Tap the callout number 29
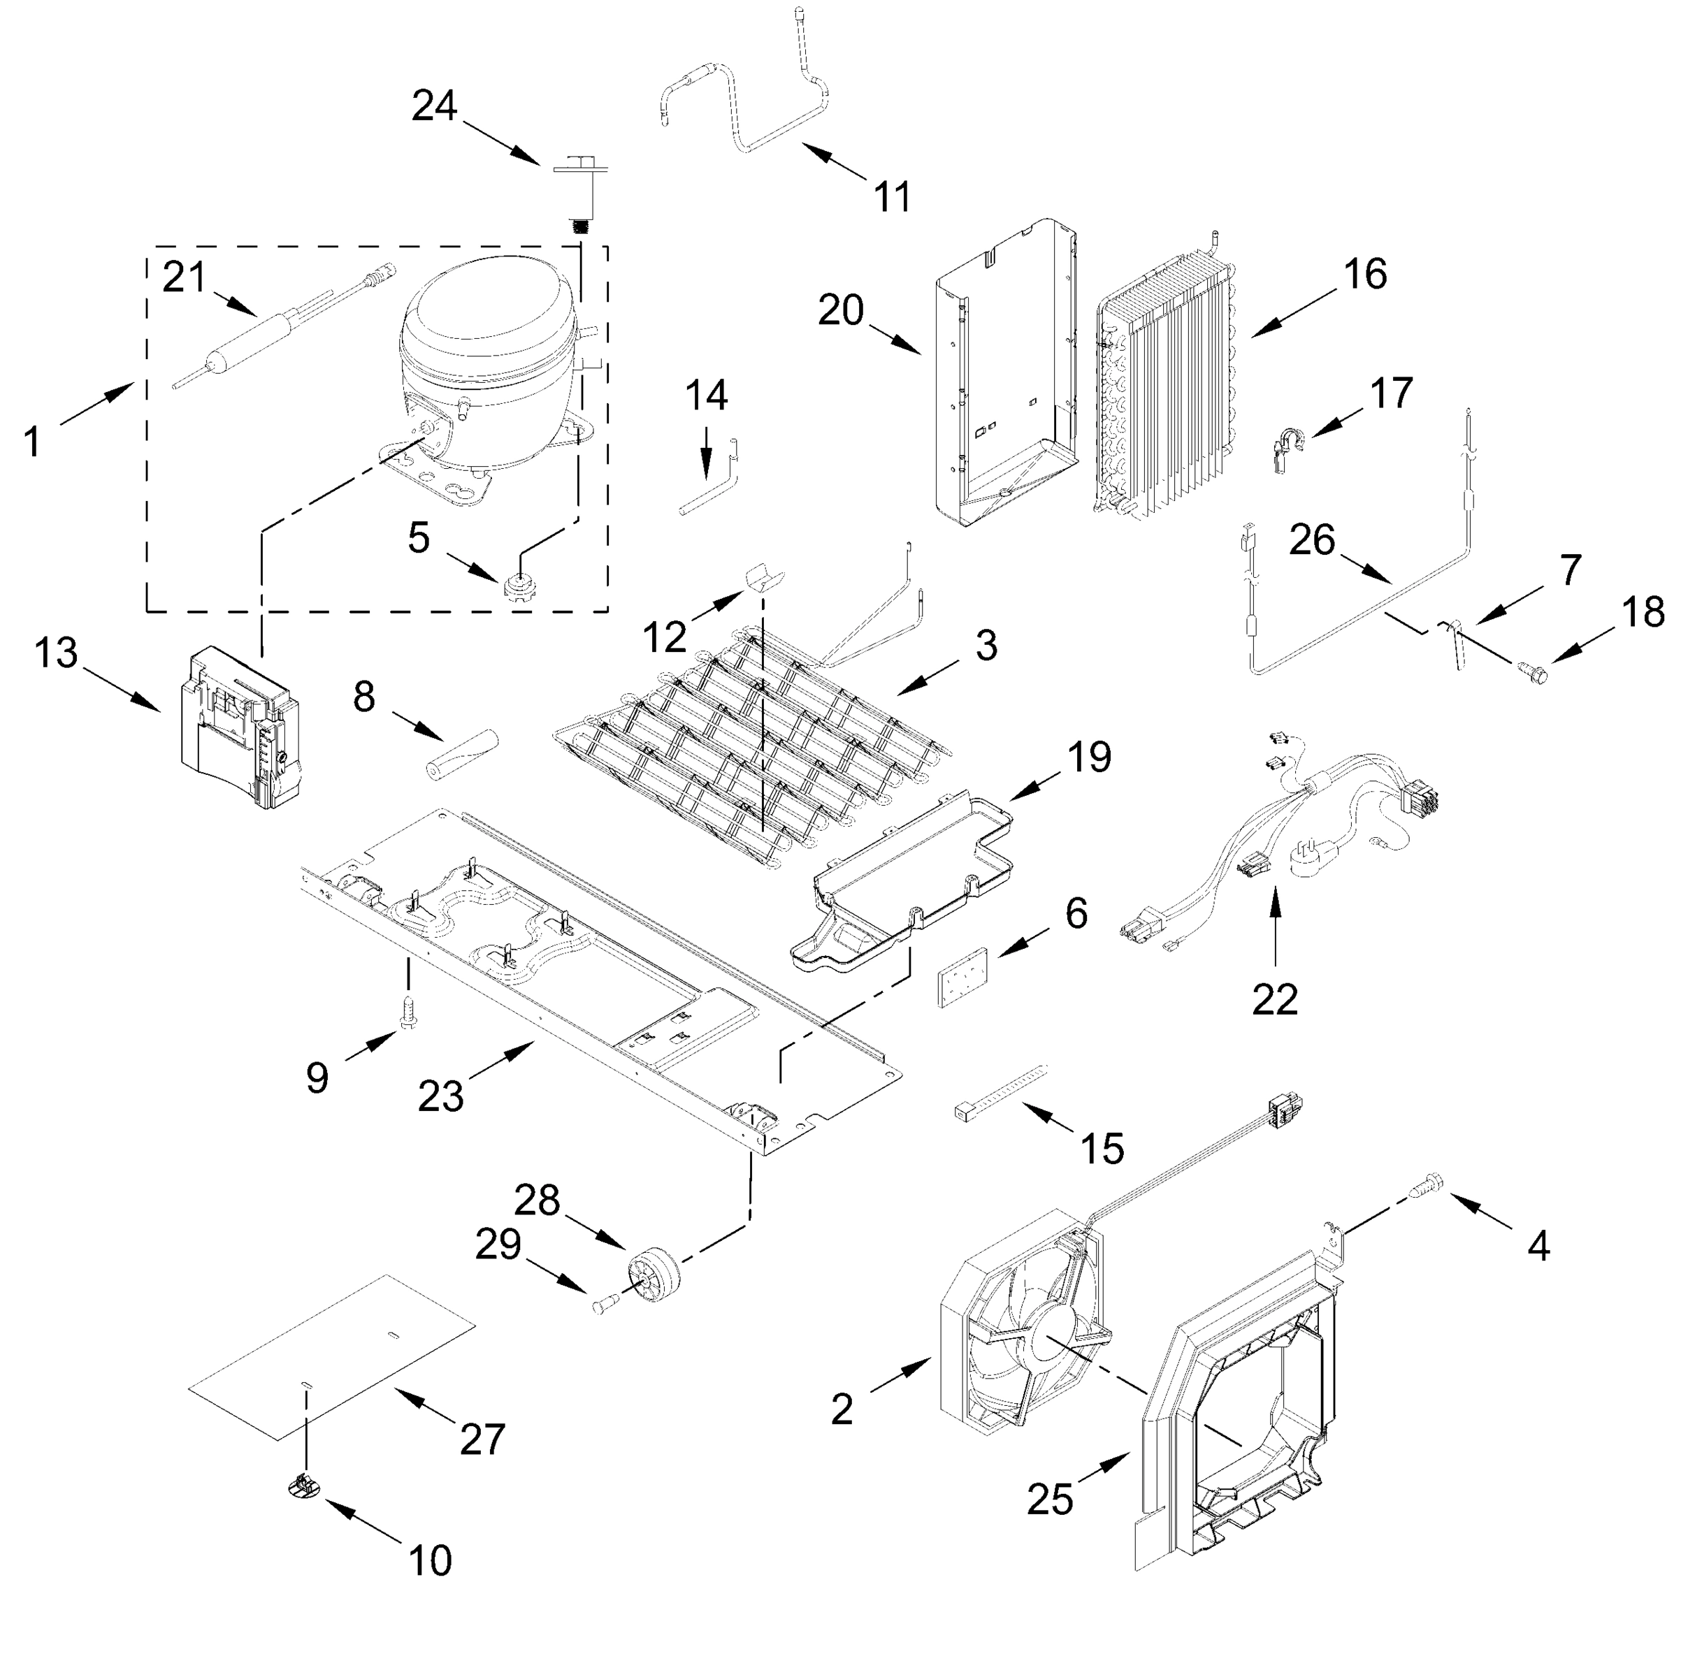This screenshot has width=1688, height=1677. click(498, 1244)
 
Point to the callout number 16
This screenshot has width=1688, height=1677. click(1364, 274)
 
